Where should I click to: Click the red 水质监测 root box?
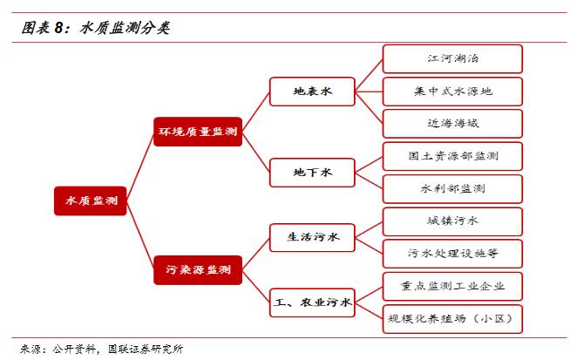pyautogui.click(x=91, y=200)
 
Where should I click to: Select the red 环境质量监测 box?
pyautogui.click(x=197, y=132)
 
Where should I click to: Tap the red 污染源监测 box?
pyautogui.click(x=197, y=269)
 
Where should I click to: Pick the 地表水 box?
pyautogui.click(x=313, y=91)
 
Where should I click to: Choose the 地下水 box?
pyautogui.click(x=313, y=173)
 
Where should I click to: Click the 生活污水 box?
pyautogui.click(x=313, y=236)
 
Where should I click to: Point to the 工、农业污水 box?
pyautogui.click(x=313, y=302)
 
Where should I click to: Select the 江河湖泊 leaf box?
pyautogui.click(x=452, y=58)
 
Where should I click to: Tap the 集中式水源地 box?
pyautogui.click(x=452, y=91)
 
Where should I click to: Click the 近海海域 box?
pyautogui.click(x=452, y=123)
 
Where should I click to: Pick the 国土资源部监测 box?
pyautogui.click(x=452, y=156)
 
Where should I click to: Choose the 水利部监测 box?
pyautogui.click(x=452, y=188)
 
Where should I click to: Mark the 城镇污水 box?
pyautogui.click(x=452, y=221)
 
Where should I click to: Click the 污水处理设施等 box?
pyautogui.click(x=452, y=254)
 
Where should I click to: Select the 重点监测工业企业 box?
pyautogui.click(x=452, y=286)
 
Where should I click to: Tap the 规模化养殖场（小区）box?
pyautogui.click(x=452, y=318)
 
